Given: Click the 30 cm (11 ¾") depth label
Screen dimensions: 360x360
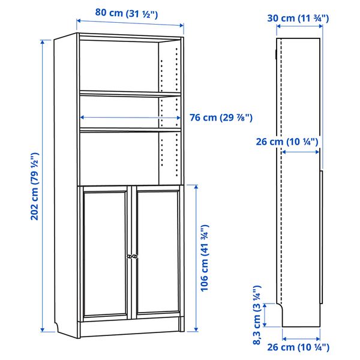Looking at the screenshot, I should (298, 19).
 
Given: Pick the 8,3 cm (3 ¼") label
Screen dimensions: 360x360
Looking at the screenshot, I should (256, 315).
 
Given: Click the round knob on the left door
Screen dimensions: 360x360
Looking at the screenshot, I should (128, 256).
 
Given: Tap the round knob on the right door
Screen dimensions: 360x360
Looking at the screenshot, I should (136, 256).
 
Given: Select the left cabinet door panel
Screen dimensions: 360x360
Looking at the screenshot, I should (105, 252).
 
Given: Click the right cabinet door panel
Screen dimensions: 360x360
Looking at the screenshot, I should (158, 252).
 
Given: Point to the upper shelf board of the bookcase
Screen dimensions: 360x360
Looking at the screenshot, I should (130, 93).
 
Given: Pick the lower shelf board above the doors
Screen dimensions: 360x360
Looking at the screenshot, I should (130, 128).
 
